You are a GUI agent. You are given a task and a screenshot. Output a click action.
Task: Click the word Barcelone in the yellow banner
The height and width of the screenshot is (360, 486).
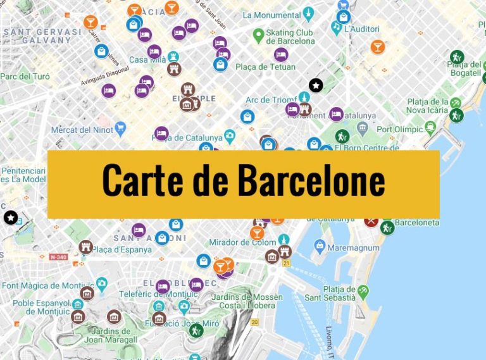point(311,180)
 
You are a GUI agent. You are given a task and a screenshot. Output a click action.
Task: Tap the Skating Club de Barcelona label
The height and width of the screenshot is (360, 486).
point(290,37)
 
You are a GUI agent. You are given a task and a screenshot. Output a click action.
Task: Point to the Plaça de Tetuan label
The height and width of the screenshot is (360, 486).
point(265,67)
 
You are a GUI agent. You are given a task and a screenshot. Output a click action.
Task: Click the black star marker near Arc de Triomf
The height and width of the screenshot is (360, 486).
point(315,85)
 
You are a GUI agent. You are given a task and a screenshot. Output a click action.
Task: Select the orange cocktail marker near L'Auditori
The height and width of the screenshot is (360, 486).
point(378,46)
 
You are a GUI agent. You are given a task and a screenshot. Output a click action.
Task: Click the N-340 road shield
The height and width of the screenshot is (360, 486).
point(58,257)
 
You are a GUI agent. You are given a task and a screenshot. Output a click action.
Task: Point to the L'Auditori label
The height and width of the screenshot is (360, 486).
point(361,29)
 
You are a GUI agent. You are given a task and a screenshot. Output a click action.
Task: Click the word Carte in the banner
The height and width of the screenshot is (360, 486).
point(142,180)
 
